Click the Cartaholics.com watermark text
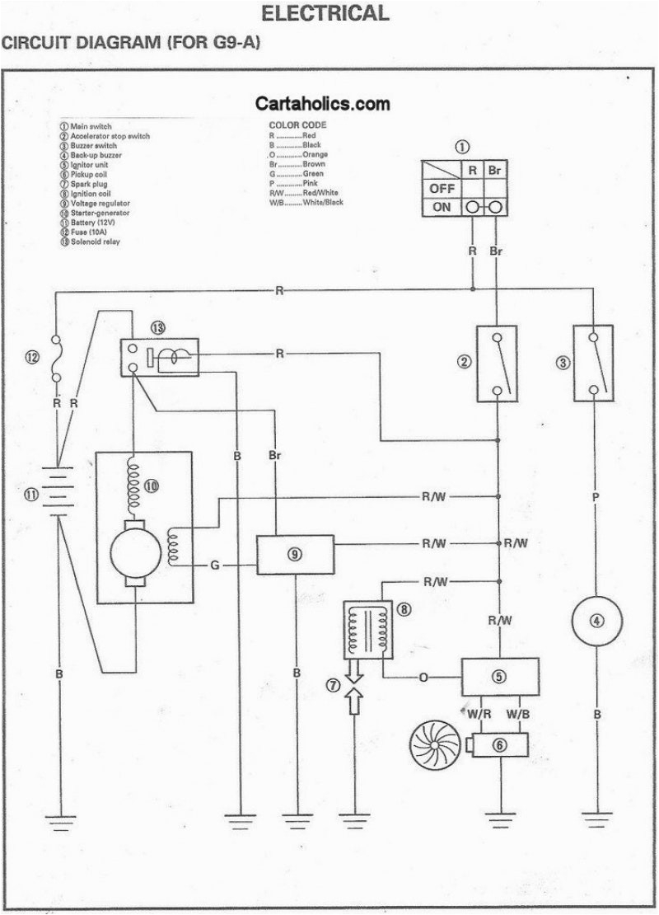[x=322, y=103]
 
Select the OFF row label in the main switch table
[x=442, y=188]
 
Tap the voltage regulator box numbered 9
[x=294, y=554]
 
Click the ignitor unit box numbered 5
[x=500, y=677]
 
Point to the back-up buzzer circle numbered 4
[x=596, y=621]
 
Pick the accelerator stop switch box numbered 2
[x=497, y=364]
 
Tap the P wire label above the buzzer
[x=596, y=497]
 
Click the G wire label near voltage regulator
[x=214, y=565]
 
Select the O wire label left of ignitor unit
[x=424, y=678]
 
